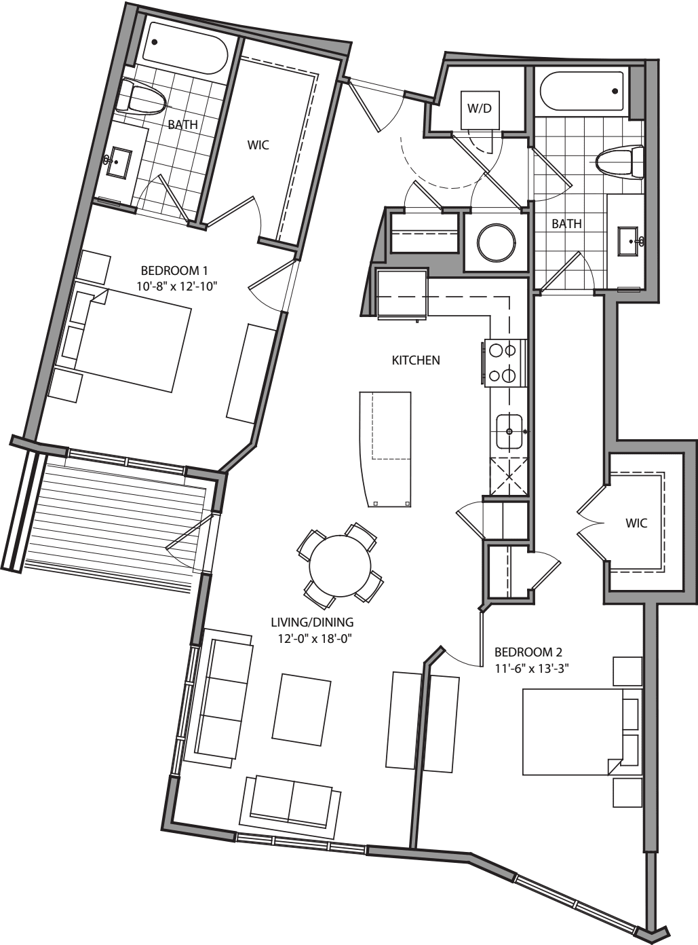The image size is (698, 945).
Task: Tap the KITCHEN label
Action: click(416, 360)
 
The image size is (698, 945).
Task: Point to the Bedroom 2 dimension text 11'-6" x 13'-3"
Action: click(531, 667)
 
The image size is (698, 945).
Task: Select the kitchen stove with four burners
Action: click(505, 363)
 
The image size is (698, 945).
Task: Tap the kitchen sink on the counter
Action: click(509, 431)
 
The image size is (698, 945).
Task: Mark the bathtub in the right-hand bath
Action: click(583, 92)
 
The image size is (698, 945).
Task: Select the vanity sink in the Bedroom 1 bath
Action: click(119, 162)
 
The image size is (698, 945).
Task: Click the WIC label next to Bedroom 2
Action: click(636, 523)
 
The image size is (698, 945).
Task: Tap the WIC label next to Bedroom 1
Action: click(258, 145)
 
